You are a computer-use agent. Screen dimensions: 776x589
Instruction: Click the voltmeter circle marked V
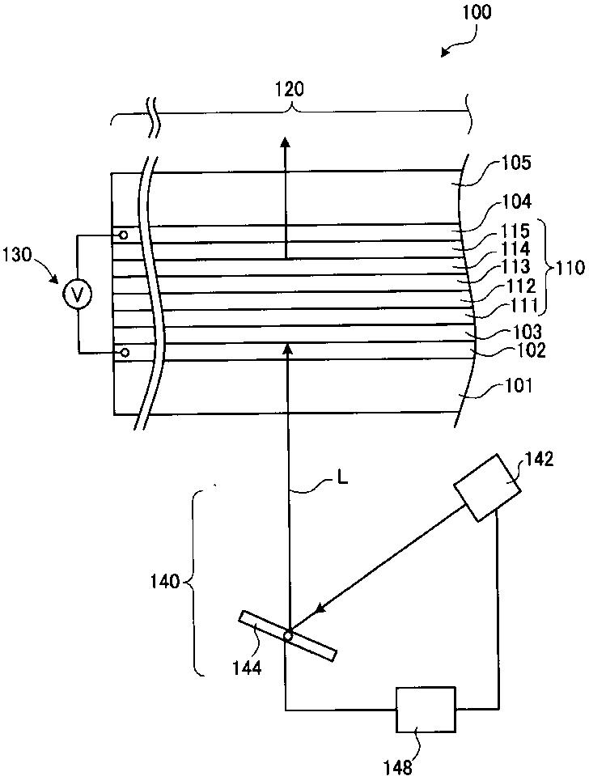pyautogui.click(x=78, y=295)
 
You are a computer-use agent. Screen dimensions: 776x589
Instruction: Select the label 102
pyautogui.click(x=530, y=351)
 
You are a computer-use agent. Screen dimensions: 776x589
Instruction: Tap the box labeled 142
pyautogui.click(x=486, y=486)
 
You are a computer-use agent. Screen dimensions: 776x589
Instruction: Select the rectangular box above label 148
pyautogui.click(x=425, y=710)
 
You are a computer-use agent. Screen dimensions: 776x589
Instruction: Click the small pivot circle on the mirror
pyautogui.click(x=287, y=634)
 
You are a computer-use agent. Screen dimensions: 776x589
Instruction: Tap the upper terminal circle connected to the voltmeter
pyautogui.click(x=124, y=235)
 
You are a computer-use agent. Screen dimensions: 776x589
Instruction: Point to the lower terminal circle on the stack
pyautogui.click(x=124, y=353)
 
